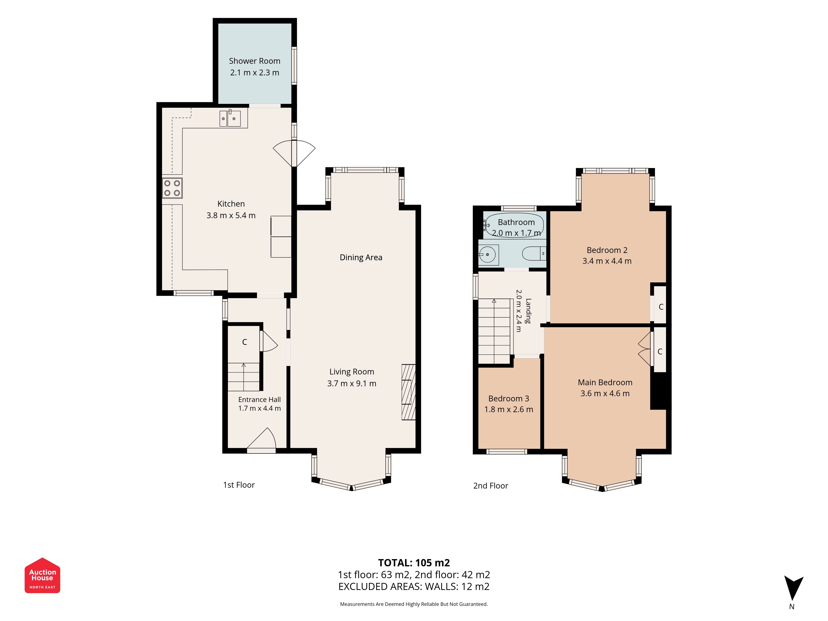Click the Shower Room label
255,61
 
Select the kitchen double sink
230,118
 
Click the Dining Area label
361,258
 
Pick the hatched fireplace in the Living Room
408,392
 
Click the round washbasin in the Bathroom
488,255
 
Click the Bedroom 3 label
509,399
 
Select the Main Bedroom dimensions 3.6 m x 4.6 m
605,394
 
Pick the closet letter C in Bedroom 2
661,307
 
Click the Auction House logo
42,575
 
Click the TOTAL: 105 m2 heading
414,563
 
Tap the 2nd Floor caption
491,486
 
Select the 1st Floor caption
239,485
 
